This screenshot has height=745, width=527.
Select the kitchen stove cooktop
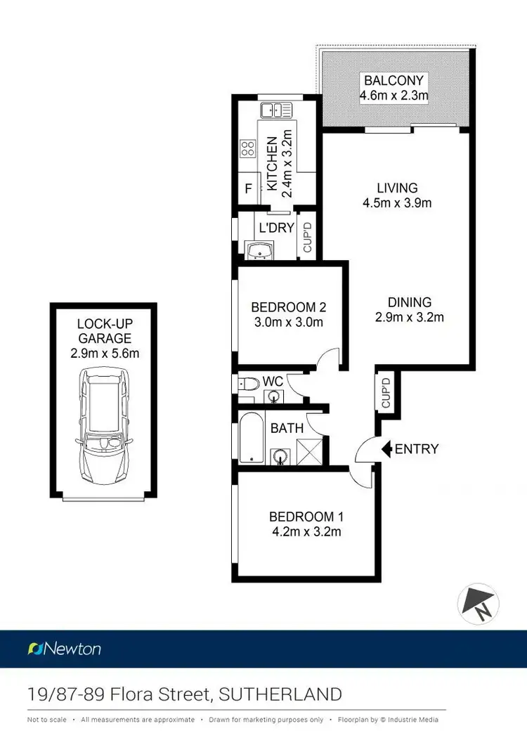click(x=248, y=148)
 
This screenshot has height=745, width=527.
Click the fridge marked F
click(x=248, y=188)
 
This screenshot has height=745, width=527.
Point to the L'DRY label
click(x=276, y=228)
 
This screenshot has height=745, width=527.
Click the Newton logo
click(x=64, y=648)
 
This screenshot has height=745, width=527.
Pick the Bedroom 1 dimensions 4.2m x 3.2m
click(x=306, y=532)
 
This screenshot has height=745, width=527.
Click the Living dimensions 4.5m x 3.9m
click(x=397, y=204)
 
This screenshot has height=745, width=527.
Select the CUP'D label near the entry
click(x=385, y=393)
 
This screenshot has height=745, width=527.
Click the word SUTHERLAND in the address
click(x=281, y=694)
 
